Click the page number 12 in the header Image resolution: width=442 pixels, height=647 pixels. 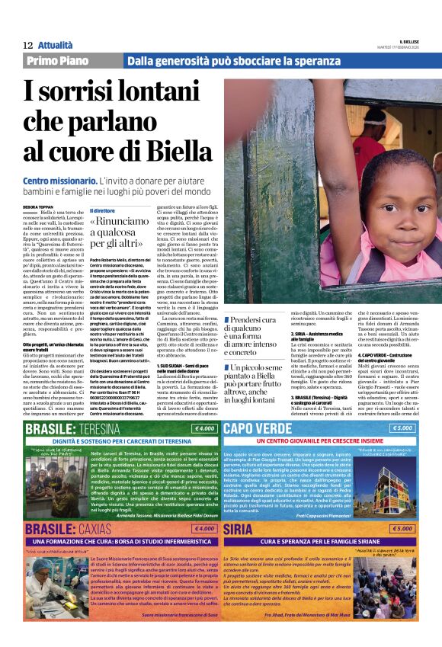(x=27, y=46)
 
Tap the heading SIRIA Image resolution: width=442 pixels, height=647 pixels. (x=239, y=529)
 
